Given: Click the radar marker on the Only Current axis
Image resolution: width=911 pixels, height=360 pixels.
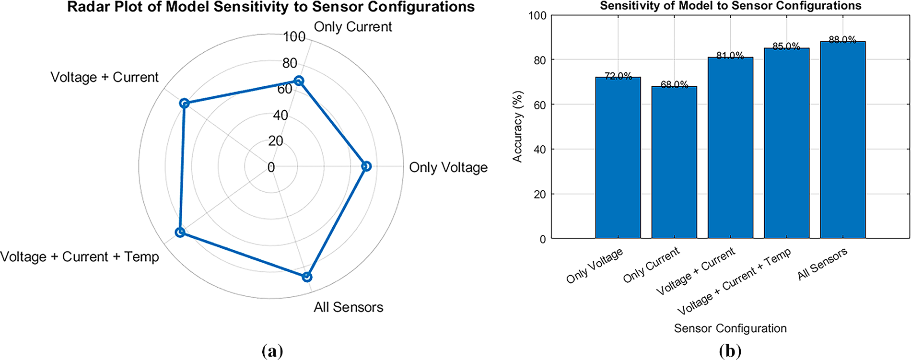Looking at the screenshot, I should pos(299,81).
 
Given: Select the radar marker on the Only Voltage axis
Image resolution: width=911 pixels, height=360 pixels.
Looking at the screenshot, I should pos(366,166).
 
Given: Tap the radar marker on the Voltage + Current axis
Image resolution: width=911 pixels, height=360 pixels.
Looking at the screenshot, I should pos(184,104).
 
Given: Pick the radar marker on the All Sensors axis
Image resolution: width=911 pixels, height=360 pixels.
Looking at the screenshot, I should pos(307,277).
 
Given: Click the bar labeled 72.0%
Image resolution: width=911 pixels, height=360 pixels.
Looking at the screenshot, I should pos(618,158).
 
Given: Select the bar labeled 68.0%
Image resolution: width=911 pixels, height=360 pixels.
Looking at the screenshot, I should pos(674,163).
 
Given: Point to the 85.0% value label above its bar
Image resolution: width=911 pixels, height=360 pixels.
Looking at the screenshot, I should pos(786,46).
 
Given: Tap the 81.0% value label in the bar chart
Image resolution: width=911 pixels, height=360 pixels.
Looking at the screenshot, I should pos(730,56).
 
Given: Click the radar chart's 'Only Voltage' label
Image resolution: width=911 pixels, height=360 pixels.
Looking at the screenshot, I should pos(448,167).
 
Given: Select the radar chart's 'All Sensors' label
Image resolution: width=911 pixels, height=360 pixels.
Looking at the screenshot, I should pos(349,307).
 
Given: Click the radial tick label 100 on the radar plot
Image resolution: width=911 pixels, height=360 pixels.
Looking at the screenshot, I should pos(294,36).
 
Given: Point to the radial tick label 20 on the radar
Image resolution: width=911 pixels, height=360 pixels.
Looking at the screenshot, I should pos(276,140).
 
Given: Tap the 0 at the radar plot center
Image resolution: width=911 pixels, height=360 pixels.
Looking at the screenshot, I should pos(271,167).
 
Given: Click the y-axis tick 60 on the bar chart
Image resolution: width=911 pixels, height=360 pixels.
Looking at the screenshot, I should pos(540,105).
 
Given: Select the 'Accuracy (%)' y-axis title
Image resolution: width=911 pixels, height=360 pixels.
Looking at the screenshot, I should pos(517,127).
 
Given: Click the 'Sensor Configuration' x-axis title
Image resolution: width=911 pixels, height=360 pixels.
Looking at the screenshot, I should pos(730,328).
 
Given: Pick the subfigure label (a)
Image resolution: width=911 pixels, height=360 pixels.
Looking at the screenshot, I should pos(273,351).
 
